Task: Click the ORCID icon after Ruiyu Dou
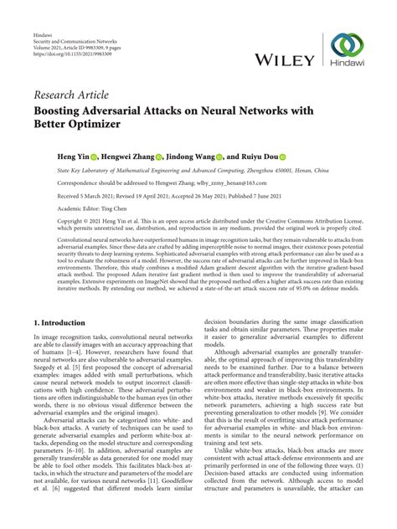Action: click(x=283, y=156)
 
